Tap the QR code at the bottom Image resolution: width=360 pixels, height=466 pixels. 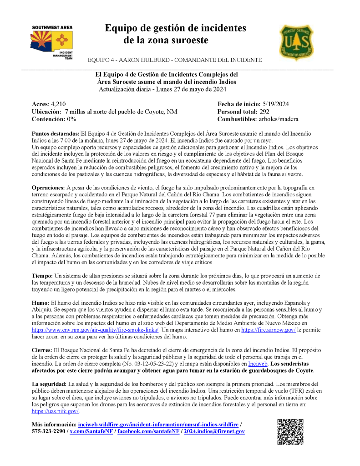pyautogui.click(x=290, y=431)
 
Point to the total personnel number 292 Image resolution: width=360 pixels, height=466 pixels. pyautogui.click(x=264, y=112)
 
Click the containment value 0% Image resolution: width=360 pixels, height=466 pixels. pyautogui.click(x=71, y=119)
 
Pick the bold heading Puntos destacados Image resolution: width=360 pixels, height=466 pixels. pyautogui.click(x=56, y=134)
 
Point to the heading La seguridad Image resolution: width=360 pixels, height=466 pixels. pyautogui.click(x=49, y=384)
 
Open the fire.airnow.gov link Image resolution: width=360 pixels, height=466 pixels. pyautogui.click(x=269, y=329)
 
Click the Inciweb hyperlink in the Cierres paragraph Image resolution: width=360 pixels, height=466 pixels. pyautogui.click(x=258, y=364)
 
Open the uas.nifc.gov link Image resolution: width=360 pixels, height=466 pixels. pyautogui.click(x=55, y=411)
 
